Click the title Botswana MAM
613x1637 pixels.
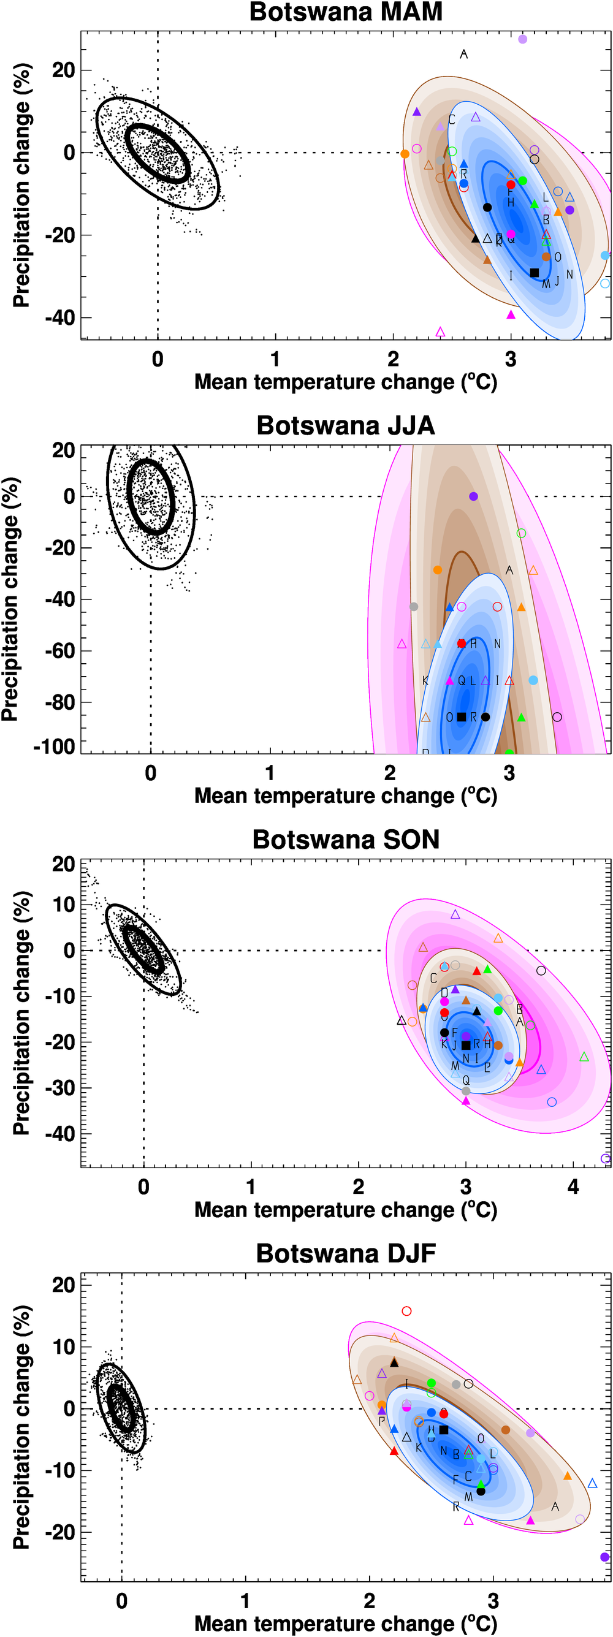345,12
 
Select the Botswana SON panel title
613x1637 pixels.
345,840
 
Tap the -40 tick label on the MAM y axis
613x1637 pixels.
59,317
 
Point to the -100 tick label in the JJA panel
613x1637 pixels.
54,746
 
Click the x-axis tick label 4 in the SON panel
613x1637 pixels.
573,1187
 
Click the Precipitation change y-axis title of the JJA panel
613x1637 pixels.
11,599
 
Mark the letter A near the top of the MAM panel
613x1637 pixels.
463,55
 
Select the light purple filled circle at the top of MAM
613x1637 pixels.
523,39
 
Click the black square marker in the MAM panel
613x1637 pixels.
534,273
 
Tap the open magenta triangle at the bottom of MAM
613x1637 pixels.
440,332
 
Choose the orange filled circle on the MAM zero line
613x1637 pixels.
405,154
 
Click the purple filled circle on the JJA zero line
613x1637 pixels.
473,496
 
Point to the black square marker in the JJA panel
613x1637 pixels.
462,717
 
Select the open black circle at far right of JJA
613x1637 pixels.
557,717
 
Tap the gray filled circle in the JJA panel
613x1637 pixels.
414,606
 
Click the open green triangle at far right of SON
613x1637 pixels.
584,1057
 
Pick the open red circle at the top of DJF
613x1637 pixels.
407,1311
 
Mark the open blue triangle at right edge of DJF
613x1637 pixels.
593,1483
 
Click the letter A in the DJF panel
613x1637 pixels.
555,1506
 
